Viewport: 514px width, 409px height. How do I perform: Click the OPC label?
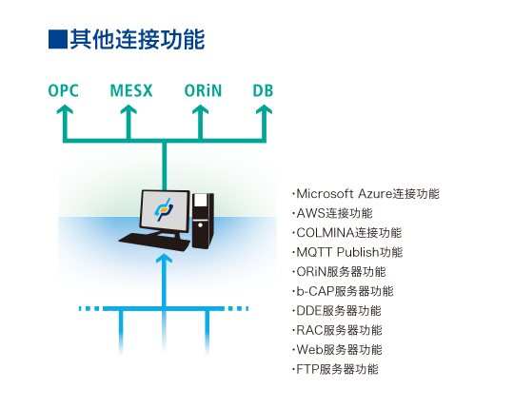(x=63, y=90)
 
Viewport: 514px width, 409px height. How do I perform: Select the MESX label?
(x=131, y=90)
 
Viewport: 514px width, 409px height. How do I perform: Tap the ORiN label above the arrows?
(x=203, y=90)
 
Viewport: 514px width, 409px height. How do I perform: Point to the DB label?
(x=263, y=90)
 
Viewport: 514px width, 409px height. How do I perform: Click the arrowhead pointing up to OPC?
(x=65, y=109)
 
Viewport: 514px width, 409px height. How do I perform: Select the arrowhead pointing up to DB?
(x=264, y=109)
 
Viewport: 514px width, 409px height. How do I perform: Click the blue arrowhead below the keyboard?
(x=165, y=259)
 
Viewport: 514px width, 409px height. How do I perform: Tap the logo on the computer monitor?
(x=164, y=209)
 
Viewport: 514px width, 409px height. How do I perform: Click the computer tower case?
(x=204, y=221)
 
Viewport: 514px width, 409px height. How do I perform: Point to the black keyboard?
(x=154, y=243)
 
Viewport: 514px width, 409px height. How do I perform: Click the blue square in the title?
(x=58, y=39)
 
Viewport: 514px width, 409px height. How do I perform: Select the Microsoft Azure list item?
(x=366, y=193)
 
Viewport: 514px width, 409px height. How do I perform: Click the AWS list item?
(x=332, y=213)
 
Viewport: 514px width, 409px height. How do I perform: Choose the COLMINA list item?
(x=346, y=233)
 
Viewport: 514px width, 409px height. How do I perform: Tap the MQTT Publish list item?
(x=347, y=252)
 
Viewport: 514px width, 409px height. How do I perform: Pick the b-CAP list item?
(x=343, y=291)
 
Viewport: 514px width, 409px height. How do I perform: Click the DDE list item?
(x=337, y=310)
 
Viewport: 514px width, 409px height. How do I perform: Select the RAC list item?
(x=337, y=330)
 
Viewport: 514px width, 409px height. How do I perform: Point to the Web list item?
(x=337, y=349)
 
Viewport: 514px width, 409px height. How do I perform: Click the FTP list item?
(x=335, y=369)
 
